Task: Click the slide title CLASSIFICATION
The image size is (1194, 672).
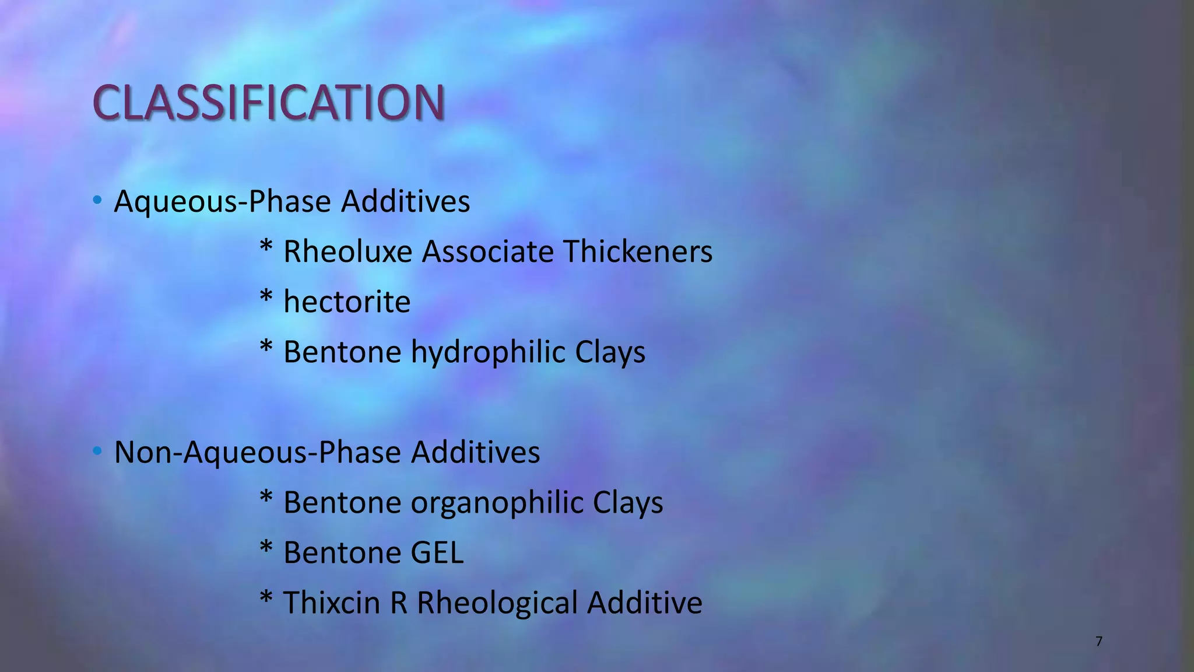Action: (x=269, y=103)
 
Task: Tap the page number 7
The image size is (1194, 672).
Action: (x=1099, y=642)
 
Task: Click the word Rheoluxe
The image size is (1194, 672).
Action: (x=347, y=252)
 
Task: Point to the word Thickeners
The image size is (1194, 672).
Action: (x=637, y=252)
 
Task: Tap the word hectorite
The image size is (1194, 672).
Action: (x=347, y=302)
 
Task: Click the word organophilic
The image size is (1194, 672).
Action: (x=497, y=503)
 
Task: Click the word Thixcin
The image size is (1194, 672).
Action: (x=332, y=603)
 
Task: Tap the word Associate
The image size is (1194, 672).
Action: (x=488, y=252)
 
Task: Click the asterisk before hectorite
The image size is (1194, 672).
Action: (x=266, y=297)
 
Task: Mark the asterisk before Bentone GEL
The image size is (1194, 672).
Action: (x=266, y=548)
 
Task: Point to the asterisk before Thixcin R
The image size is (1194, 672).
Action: (x=266, y=598)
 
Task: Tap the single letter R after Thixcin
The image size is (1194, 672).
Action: (x=399, y=603)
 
